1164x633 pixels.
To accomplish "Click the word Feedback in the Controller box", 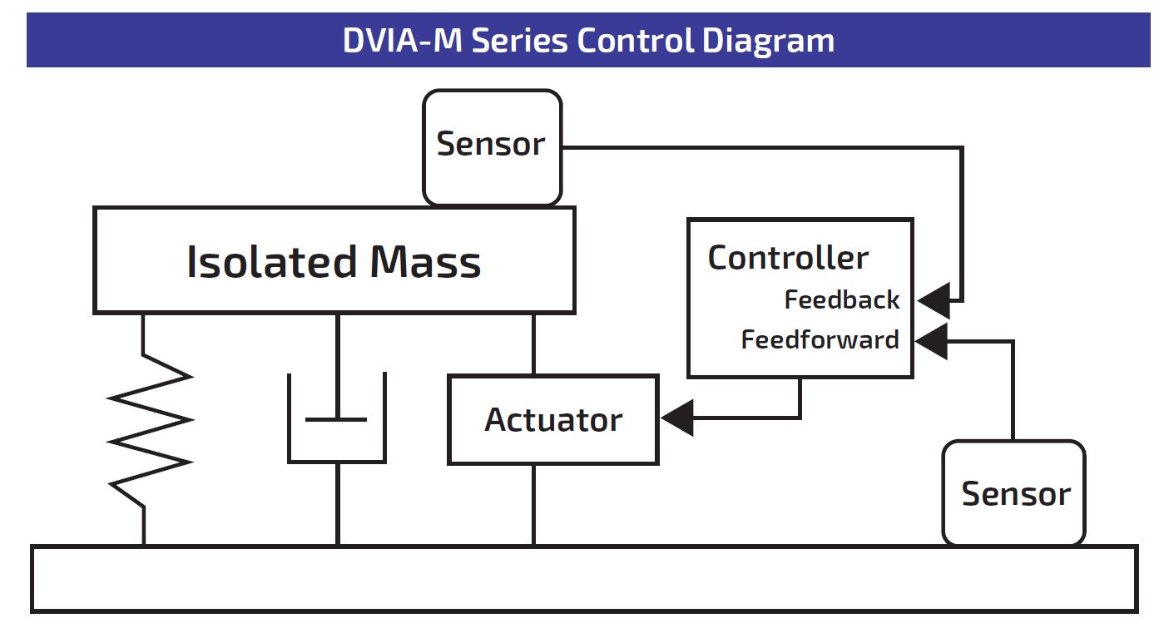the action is tap(842, 300).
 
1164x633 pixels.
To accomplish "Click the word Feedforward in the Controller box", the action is tap(820, 340).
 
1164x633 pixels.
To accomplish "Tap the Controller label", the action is tap(788, 258).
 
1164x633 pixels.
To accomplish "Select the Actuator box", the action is tap(553, 419).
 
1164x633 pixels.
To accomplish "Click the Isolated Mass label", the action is tap(334, 262).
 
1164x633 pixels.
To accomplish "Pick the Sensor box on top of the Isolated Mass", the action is tap(492, 147).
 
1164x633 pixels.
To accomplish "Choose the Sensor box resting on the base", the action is tap(1014, 492).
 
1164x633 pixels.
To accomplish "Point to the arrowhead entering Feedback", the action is tap(934, 300).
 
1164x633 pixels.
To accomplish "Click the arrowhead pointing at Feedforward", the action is tap(931, 341).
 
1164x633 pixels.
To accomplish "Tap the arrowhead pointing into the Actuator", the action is tap(677, 418).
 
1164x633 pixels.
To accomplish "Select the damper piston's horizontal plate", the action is tap(336, 419).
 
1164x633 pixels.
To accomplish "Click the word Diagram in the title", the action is tap(768, 41).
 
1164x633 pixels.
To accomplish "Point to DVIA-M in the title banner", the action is tap(403, 40).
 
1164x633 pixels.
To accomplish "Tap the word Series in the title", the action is tap(520, 41).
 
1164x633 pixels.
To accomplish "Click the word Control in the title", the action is tap(635, 40).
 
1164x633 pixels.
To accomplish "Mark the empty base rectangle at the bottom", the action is tap(585, 579).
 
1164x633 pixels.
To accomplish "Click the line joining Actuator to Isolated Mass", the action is tap(533, 344).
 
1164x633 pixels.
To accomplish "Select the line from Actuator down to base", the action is tap(533, 505).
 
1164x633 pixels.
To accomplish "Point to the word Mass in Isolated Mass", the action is tap(426, 262).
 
